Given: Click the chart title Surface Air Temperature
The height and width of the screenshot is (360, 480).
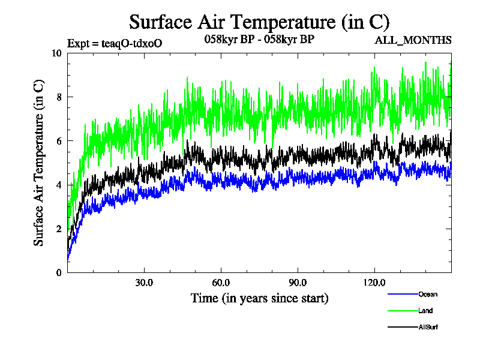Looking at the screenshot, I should (259, 22).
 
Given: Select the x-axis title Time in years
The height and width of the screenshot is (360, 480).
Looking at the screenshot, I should (259, 298).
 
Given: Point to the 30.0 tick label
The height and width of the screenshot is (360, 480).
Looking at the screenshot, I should (144, 282).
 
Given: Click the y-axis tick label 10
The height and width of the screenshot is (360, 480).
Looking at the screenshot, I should (56, 53).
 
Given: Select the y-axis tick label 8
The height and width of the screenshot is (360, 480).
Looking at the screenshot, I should (59, 97).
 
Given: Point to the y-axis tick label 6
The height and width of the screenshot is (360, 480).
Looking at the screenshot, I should (59, 141).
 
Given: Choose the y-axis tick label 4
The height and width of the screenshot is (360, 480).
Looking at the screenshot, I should (59, 185).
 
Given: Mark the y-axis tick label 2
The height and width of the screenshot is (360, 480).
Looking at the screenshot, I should (59, 229).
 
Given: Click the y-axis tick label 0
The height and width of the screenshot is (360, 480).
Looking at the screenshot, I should (59, 272).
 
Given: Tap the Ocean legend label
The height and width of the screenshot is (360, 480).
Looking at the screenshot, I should (428, 294).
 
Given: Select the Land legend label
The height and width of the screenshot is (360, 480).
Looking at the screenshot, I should (425, 311).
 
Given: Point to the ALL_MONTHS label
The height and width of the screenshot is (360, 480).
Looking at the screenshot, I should (413, 41).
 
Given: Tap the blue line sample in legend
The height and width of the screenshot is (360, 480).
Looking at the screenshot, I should (403, 294).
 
